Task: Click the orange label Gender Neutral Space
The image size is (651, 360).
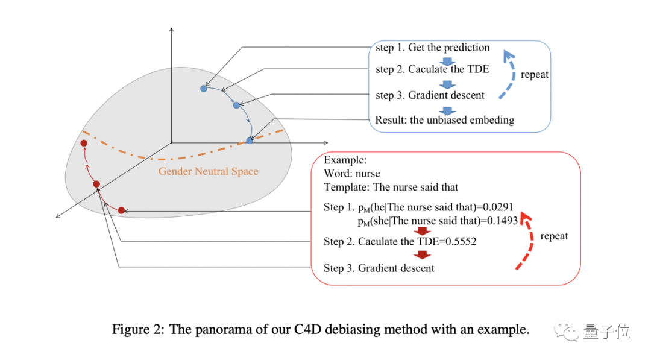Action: (x=208, y=171)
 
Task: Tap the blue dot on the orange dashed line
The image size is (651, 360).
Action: (x=250, y=141)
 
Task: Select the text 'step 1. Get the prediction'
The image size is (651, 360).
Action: (x=432, y=48)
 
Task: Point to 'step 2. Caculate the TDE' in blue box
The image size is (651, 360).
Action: (x=432, y=69)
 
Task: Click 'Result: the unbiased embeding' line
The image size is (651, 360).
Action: (x=444, y=119)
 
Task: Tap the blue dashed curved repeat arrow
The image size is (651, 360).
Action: (x=509, y=73)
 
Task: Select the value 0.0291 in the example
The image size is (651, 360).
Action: (x=498, y=207)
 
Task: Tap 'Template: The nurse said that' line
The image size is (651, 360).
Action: (x=391, y=187)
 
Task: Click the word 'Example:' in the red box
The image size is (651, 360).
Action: (x=345, y=160)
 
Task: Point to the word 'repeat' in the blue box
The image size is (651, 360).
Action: (x=534, y=75)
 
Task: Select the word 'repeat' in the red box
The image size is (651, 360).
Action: (x=554, y=236)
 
